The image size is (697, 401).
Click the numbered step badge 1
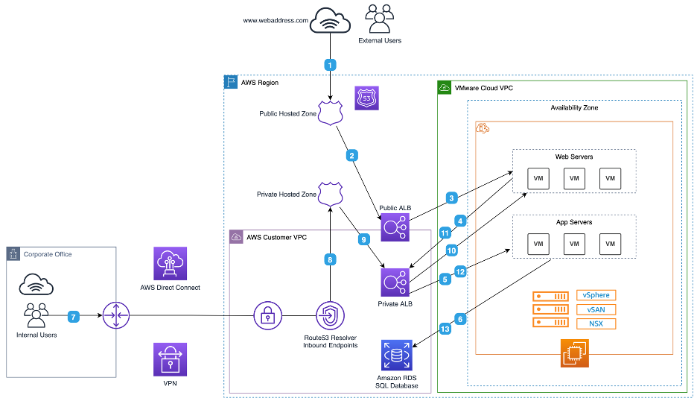tap(330, 65)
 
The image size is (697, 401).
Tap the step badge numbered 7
tap(73, 317)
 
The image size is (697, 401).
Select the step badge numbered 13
tap(445, 329)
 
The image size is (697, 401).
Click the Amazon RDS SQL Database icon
tap(396, 355)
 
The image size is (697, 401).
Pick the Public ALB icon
tap(395, 227)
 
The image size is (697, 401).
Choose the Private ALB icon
tap(395, 282)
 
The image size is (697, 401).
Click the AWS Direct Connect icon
tap(171, 263)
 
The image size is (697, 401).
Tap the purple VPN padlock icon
tap(171, 359)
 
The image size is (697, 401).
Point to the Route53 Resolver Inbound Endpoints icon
tap(331, 315)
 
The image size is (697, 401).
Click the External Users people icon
tap(380, 19)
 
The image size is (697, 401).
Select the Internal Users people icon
tap(36, 315)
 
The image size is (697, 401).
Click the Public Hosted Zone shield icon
tap(331, 113)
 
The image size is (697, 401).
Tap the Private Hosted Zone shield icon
tap(331, 194)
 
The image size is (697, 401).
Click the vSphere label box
tap(596, 295)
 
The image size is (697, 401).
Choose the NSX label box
tap(596, 323)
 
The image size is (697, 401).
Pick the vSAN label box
tap(596, 309)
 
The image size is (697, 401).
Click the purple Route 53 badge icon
tap(366, 98)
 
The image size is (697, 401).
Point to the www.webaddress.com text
tap(276, 20)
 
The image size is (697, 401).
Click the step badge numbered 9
tap(363, 239)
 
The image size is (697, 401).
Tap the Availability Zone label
tap(574, 108)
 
